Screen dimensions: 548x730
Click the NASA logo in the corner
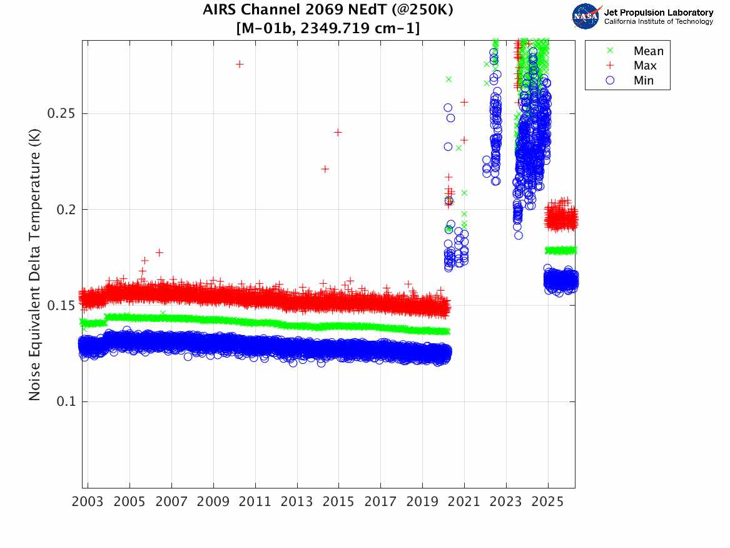586,16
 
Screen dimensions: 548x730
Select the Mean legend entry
648,51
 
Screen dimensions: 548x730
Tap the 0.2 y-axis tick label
65,210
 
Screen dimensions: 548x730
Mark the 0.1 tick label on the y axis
65,401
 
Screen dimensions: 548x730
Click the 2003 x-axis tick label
88,502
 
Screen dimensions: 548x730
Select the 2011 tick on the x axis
255,502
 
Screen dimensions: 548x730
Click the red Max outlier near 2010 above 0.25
239,64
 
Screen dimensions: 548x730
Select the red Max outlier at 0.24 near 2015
338,132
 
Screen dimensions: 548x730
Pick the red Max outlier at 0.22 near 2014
325,169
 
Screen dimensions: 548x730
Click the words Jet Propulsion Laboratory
658,13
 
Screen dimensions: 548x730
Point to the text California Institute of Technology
658,22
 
